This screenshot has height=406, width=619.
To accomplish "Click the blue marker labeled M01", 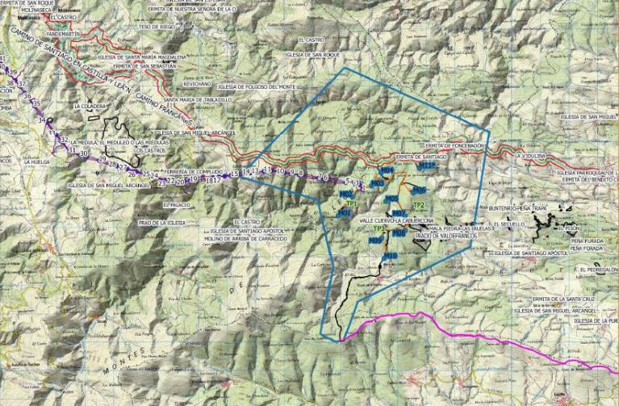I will tap(344, 213).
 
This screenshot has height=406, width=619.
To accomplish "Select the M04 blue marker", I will tap(387, 171).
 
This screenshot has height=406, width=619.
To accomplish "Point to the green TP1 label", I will tap(352, 203).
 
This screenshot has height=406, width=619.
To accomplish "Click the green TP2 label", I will tap(418, 205).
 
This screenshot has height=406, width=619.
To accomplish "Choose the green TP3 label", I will tap(379, 229).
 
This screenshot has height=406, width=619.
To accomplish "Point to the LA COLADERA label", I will tap(90, 105).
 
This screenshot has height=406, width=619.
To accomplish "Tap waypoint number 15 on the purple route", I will tap(235, 174).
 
